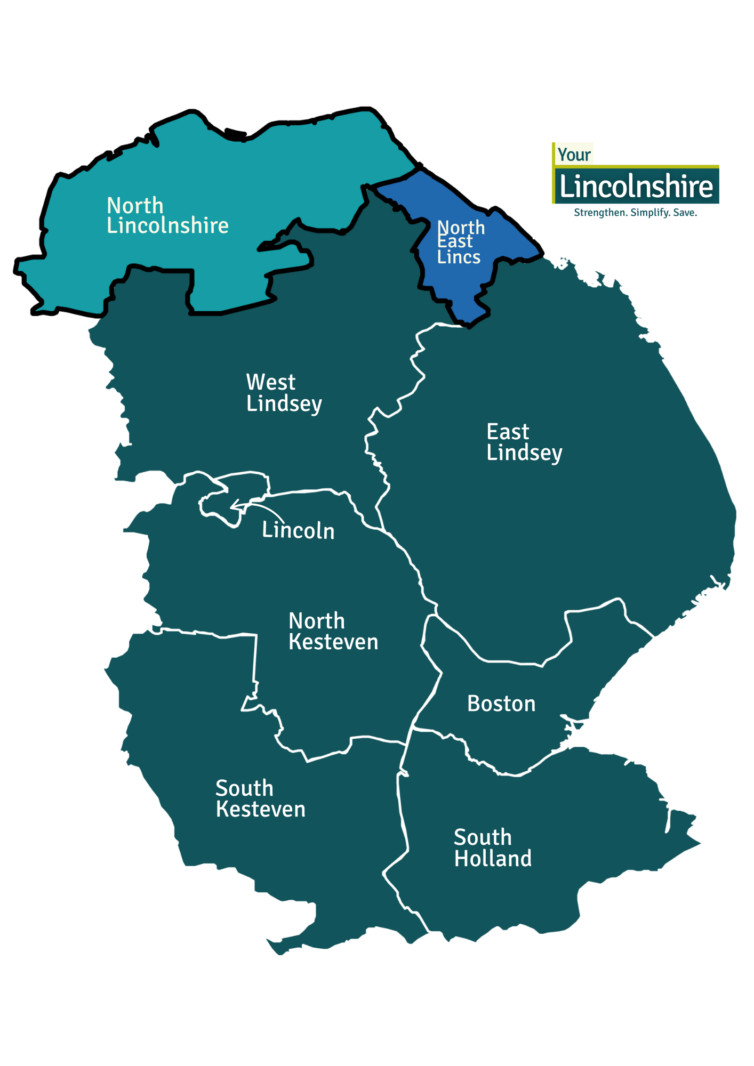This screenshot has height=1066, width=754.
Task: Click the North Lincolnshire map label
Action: pyautogui.click(x=167, y=216)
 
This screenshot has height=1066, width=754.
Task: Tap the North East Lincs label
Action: pyautogui.click(x=460, y=243)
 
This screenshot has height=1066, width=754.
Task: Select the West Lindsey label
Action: pyautogui.click(x=284, y=393)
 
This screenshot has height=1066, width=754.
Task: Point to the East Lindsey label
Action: pyautogui.click(x=524, y=442)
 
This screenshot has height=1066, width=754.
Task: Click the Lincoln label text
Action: pyautogui.click(x=298, y=530)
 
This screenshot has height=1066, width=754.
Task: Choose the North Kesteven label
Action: pyautogui.click(x=333, y=632)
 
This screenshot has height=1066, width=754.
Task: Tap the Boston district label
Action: pyautogui.click(x=501, y=704)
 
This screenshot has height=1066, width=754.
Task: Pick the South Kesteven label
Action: pyautogui.click(x=260, y=799)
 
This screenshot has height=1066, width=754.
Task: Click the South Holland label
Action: pyautogui.click(x=493, y=848)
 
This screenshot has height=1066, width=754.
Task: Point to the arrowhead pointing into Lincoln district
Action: pyautogui.click(x=233, y=505)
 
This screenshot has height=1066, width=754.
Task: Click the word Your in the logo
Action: pyautogui.click(x=574, y=155)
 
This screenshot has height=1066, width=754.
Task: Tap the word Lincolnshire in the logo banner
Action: pyautogui.click(x=636, y=187)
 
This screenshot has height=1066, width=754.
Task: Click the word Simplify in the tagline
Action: pyautogui.click(x=649, y=213)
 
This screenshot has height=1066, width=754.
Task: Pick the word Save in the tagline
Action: pyautogui.click(x=685, y=213)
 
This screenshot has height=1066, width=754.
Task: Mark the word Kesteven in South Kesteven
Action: pyautogui.click(x=260, y=810)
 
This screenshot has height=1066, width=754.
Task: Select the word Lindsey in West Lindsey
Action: pyautogui.click(x=284, y=404)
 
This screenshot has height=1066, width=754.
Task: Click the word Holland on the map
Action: pyautogui.click(x=493, y=859)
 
